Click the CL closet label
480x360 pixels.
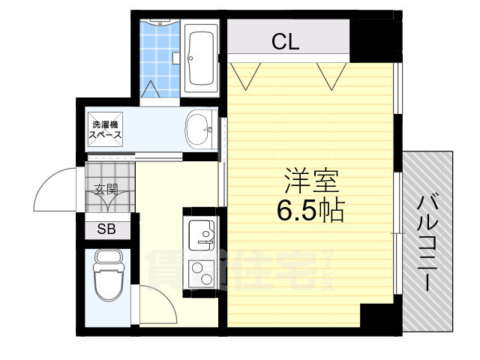click(286, 43)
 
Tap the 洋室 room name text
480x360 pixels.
click(311, 181)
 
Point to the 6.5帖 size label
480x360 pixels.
click(310, 211)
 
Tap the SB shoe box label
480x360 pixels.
click(106, 229)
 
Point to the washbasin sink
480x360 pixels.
click(199, 130)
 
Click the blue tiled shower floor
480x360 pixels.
click(159, 56)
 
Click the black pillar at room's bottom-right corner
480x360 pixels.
click(377, 315)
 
